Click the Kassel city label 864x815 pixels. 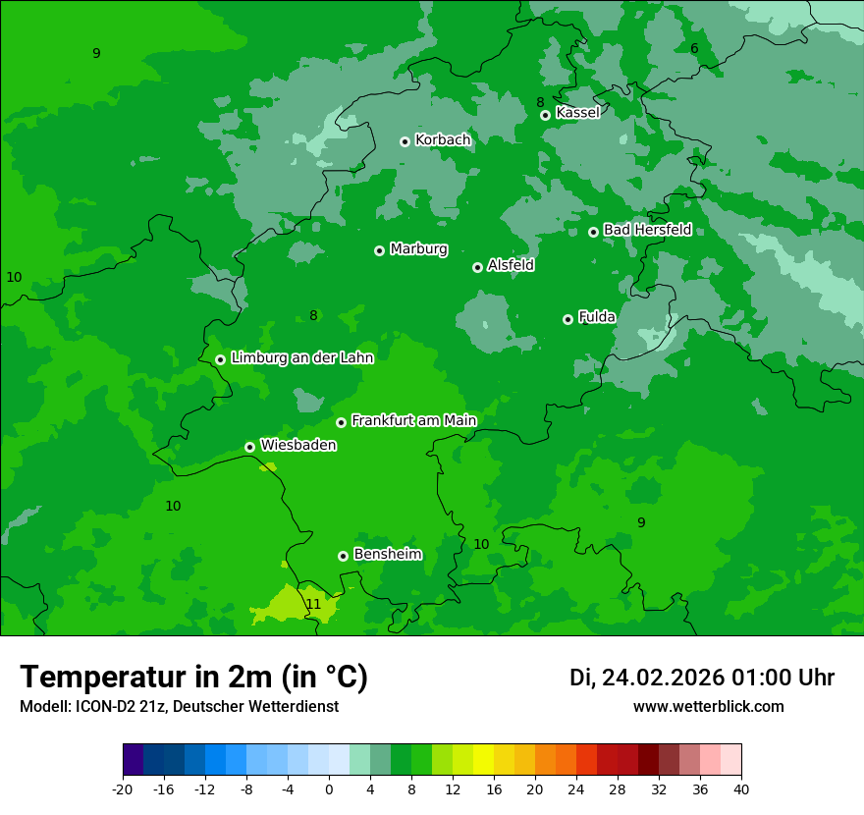point(577,113)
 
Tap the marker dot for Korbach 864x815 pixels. point(405,141)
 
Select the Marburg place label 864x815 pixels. point(418,249)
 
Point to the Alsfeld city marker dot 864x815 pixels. point(477,267)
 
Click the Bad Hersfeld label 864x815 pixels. point(647,230)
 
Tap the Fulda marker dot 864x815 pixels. point(567,319)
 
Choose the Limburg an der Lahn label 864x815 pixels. point(301,358)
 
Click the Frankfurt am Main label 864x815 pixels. point(413,420)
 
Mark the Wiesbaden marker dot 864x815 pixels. point(249,447)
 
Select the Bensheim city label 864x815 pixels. point(387,554)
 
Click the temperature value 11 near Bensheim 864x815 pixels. point(313,604)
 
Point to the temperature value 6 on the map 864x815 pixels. point(694,49)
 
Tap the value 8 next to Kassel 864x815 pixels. point(540,102)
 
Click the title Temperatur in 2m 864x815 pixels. point(193,677)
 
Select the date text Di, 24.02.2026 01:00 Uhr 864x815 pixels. point(701,678)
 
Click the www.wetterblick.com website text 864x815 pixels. point(708,706)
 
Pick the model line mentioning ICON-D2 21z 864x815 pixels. point(179,706)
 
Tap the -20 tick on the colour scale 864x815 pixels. point(123,788)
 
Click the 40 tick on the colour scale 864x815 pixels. point(740,788)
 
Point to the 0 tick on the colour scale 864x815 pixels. point(329,788)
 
